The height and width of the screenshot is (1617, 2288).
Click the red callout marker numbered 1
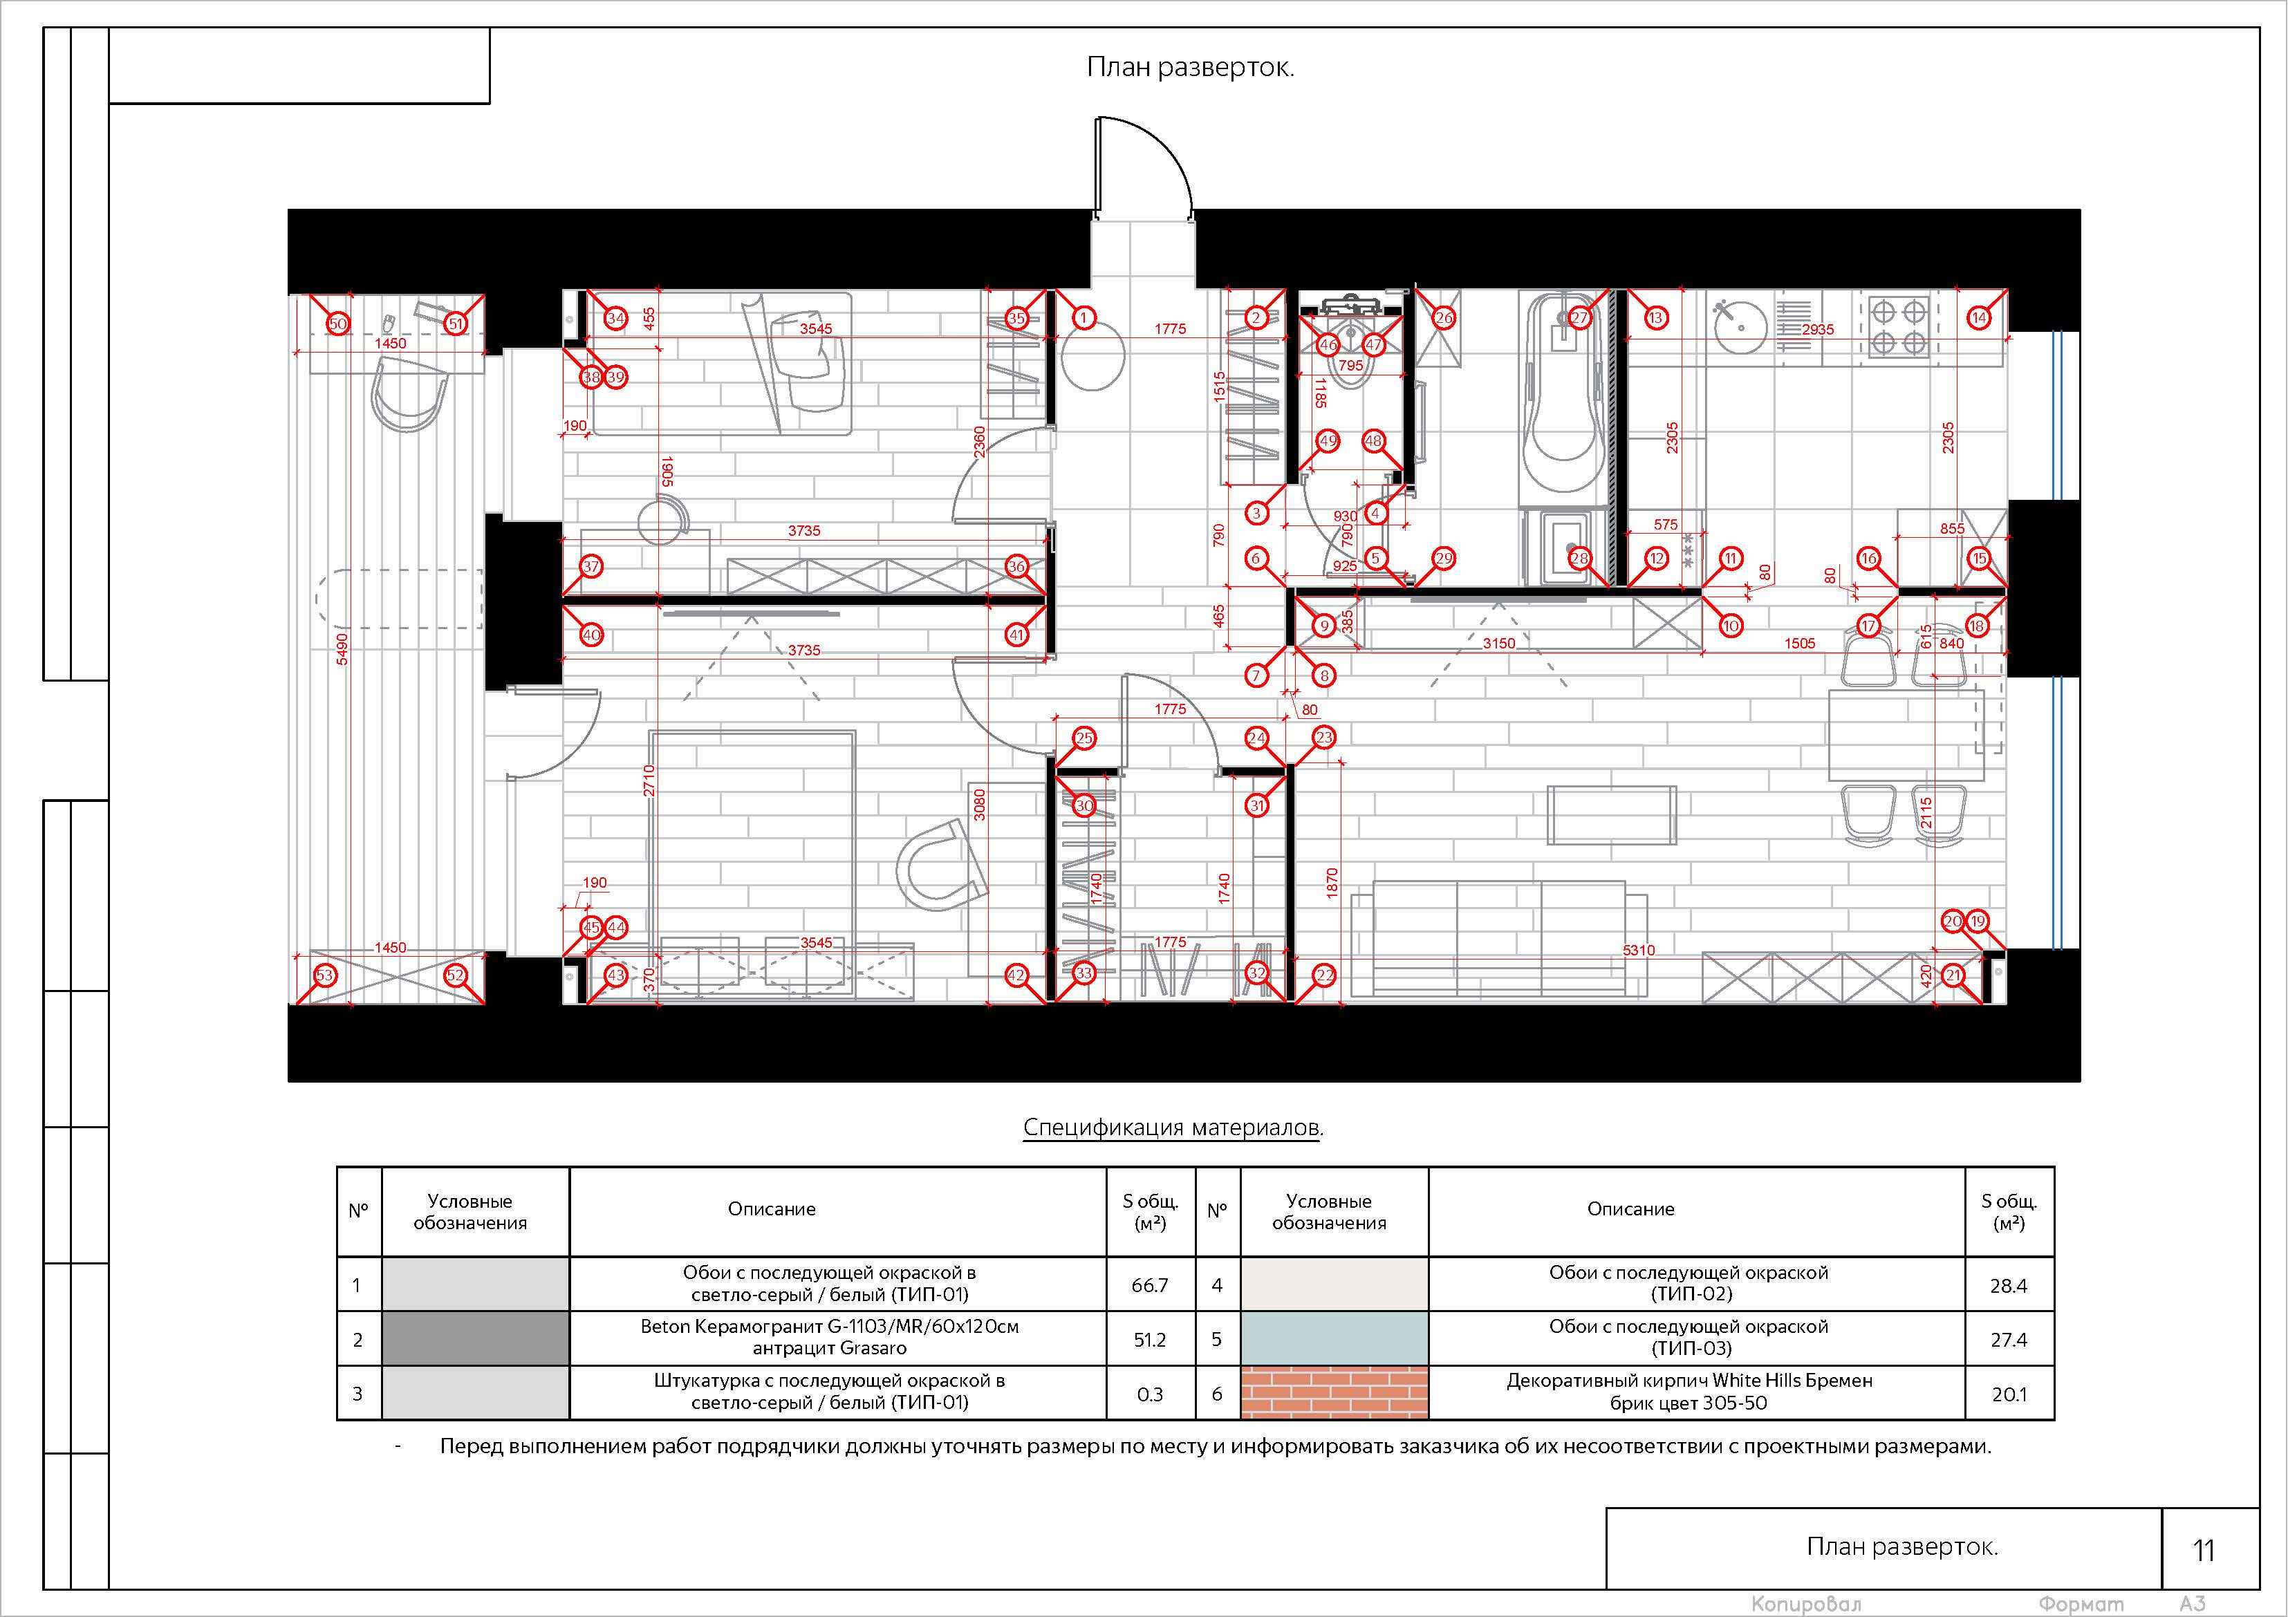(x=1084, y=318)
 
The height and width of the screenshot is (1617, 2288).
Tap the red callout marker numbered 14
(x=1979, y=318)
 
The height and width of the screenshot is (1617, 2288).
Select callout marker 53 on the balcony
(x=325, y=975)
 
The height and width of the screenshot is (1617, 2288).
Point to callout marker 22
(x=1324, y=975)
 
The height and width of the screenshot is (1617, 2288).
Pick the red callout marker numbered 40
(x=591, y=635)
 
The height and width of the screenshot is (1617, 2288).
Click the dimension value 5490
(x=342, y=648)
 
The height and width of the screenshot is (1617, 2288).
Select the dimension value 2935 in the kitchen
(x=1818, y=330)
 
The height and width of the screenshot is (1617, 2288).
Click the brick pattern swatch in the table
(x=1334, y=1393)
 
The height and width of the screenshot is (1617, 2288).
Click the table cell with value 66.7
(x=1150, y=1285)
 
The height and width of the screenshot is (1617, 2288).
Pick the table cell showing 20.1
(x=2009, y=1394)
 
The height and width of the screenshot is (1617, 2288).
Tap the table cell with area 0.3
(x=1150, y=1394)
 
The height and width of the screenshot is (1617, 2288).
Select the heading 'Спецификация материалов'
(x=1173, y=1127)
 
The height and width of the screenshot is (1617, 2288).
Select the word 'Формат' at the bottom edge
(x=2080, y=1604)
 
